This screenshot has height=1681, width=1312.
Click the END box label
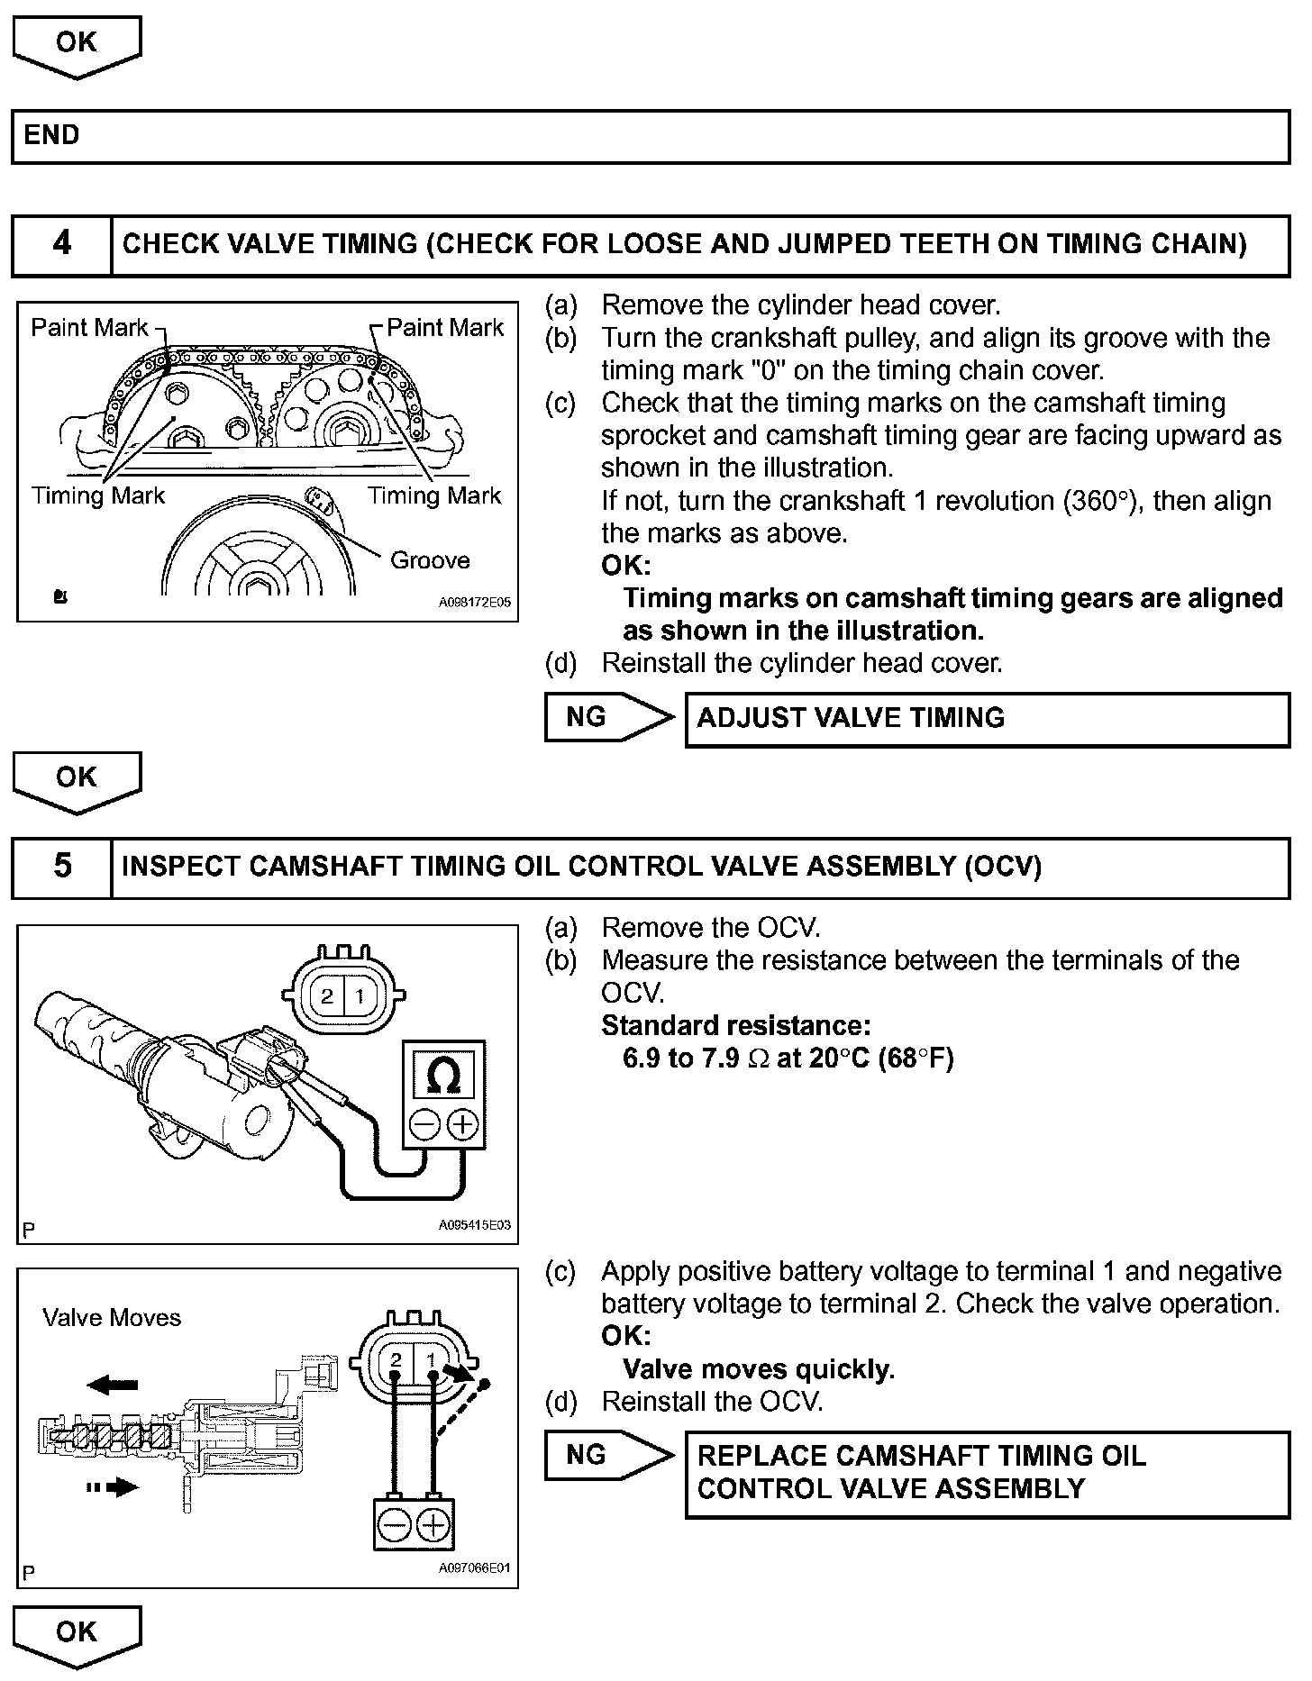(x=52, y=136)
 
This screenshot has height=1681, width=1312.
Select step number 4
(x=61, y=244)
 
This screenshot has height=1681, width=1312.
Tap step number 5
(x=61, y=867)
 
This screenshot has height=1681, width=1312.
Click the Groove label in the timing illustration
(x=430, y=560)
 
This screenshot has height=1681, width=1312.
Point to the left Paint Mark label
(x=89, y=327)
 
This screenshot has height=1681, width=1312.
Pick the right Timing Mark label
(x=434, y=495)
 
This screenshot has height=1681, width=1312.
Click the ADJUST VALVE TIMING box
(x=987, y=719)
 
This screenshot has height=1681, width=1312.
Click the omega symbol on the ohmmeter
(x=442, y=1076)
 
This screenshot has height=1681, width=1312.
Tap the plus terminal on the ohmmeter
(x=462, y=1124)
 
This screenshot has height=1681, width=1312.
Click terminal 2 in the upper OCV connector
(x=327, y=995)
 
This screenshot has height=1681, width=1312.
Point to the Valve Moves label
(x=112, y=1318)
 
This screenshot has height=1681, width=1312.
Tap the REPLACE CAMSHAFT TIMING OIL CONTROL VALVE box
(x=987, y=1473)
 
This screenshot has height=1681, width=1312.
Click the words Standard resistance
(x=735, y=1026)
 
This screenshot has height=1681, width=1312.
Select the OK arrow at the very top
(x=77, y=45)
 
